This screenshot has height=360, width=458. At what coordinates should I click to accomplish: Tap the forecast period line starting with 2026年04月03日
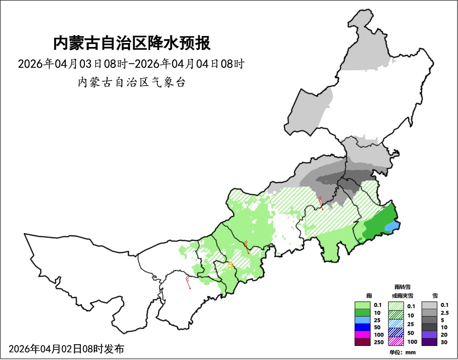point(131,64)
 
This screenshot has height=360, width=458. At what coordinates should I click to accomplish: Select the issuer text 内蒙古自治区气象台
point(131,83)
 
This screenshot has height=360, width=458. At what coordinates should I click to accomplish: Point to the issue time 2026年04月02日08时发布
point(66,349)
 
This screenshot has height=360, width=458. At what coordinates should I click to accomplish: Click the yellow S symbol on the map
point(231,266)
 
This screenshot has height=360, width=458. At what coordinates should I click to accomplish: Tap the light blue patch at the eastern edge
point(392,227)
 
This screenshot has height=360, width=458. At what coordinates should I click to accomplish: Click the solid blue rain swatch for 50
point(363,327)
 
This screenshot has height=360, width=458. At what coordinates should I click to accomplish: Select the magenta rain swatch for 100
point(363,335)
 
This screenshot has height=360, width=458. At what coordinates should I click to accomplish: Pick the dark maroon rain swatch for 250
point(363,342)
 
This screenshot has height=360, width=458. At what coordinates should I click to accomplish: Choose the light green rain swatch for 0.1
point(363,305)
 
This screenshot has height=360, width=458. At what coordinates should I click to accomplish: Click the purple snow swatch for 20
point(429,335)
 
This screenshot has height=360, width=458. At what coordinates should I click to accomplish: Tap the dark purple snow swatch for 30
point(429,342)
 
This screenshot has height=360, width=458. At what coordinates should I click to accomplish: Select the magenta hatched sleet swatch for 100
point(396,341)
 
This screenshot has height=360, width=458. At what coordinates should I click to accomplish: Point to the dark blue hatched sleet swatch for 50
point(396,332)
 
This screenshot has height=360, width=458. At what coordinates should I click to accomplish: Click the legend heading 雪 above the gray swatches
point(435,296)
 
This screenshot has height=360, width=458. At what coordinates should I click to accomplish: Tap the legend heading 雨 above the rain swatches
point(369,296)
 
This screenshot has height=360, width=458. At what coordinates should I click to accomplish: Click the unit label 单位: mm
point(402,352)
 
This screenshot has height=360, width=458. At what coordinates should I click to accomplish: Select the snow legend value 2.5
point(444,313)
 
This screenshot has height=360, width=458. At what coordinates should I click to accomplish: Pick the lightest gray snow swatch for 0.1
point(429,305)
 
